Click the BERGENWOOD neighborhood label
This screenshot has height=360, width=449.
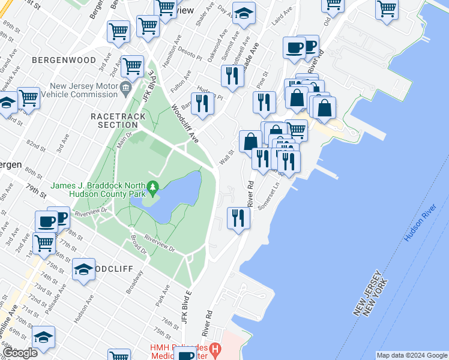[x=64, y=61]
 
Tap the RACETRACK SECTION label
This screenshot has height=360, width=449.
[x=114, y=120]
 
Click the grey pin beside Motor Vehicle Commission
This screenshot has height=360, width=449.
[x=125, y=89]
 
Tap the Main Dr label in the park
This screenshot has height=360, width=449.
[x=124, y=142]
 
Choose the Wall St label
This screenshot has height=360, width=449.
[x=226, y=158]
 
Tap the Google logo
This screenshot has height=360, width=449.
[x=20, y=353]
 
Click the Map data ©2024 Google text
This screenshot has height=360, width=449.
[x=412, y=355]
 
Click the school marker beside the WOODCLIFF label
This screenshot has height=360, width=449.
[x=83, y=269]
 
